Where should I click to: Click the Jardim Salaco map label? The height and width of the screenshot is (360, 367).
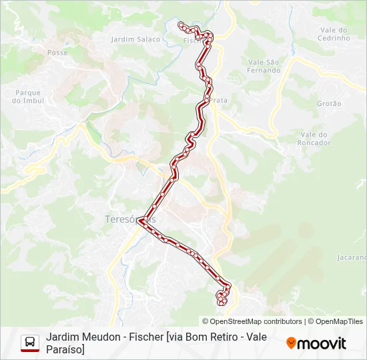(135, 39)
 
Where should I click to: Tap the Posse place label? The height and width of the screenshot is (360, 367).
(58, 52)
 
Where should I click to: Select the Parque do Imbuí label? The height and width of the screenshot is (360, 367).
(27, 97)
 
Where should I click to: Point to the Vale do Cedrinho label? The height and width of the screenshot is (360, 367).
(335, 34)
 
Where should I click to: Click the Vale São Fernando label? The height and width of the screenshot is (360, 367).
(264, 66)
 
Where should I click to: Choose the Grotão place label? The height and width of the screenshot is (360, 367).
(329, 104)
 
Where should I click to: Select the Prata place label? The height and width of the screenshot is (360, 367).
(219, 100)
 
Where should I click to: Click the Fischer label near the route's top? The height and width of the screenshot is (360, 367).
(192, 40)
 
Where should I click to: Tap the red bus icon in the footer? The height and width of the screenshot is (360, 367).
(29, 343)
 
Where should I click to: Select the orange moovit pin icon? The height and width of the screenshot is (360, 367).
(291, 343)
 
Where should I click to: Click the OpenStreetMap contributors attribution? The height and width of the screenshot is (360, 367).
(252, 321)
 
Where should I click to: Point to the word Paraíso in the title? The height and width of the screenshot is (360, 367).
(65, 349)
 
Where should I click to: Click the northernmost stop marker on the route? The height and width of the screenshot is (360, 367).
(181, 25)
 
